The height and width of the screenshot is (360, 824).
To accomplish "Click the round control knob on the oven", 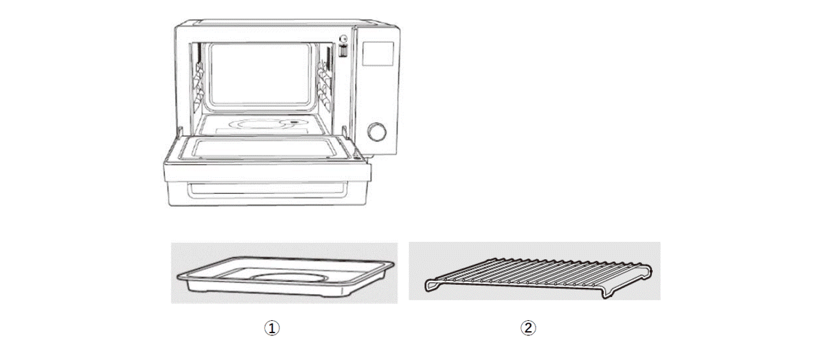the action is click(x=377, y=132).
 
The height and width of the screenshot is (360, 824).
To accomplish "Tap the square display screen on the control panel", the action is click(x=378, y=54).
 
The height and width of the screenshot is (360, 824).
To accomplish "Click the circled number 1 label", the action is click(x=272, y=328).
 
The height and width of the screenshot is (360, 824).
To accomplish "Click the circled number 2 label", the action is click(x=528, y=328).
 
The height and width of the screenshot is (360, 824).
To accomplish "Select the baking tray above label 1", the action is click(x=286, y=276).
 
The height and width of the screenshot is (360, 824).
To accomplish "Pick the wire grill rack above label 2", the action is click(x=538, y=278).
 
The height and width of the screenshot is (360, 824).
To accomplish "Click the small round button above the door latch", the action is click(x=343, y=38).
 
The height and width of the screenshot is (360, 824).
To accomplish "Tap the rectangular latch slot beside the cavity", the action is click(x=343, y=51).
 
